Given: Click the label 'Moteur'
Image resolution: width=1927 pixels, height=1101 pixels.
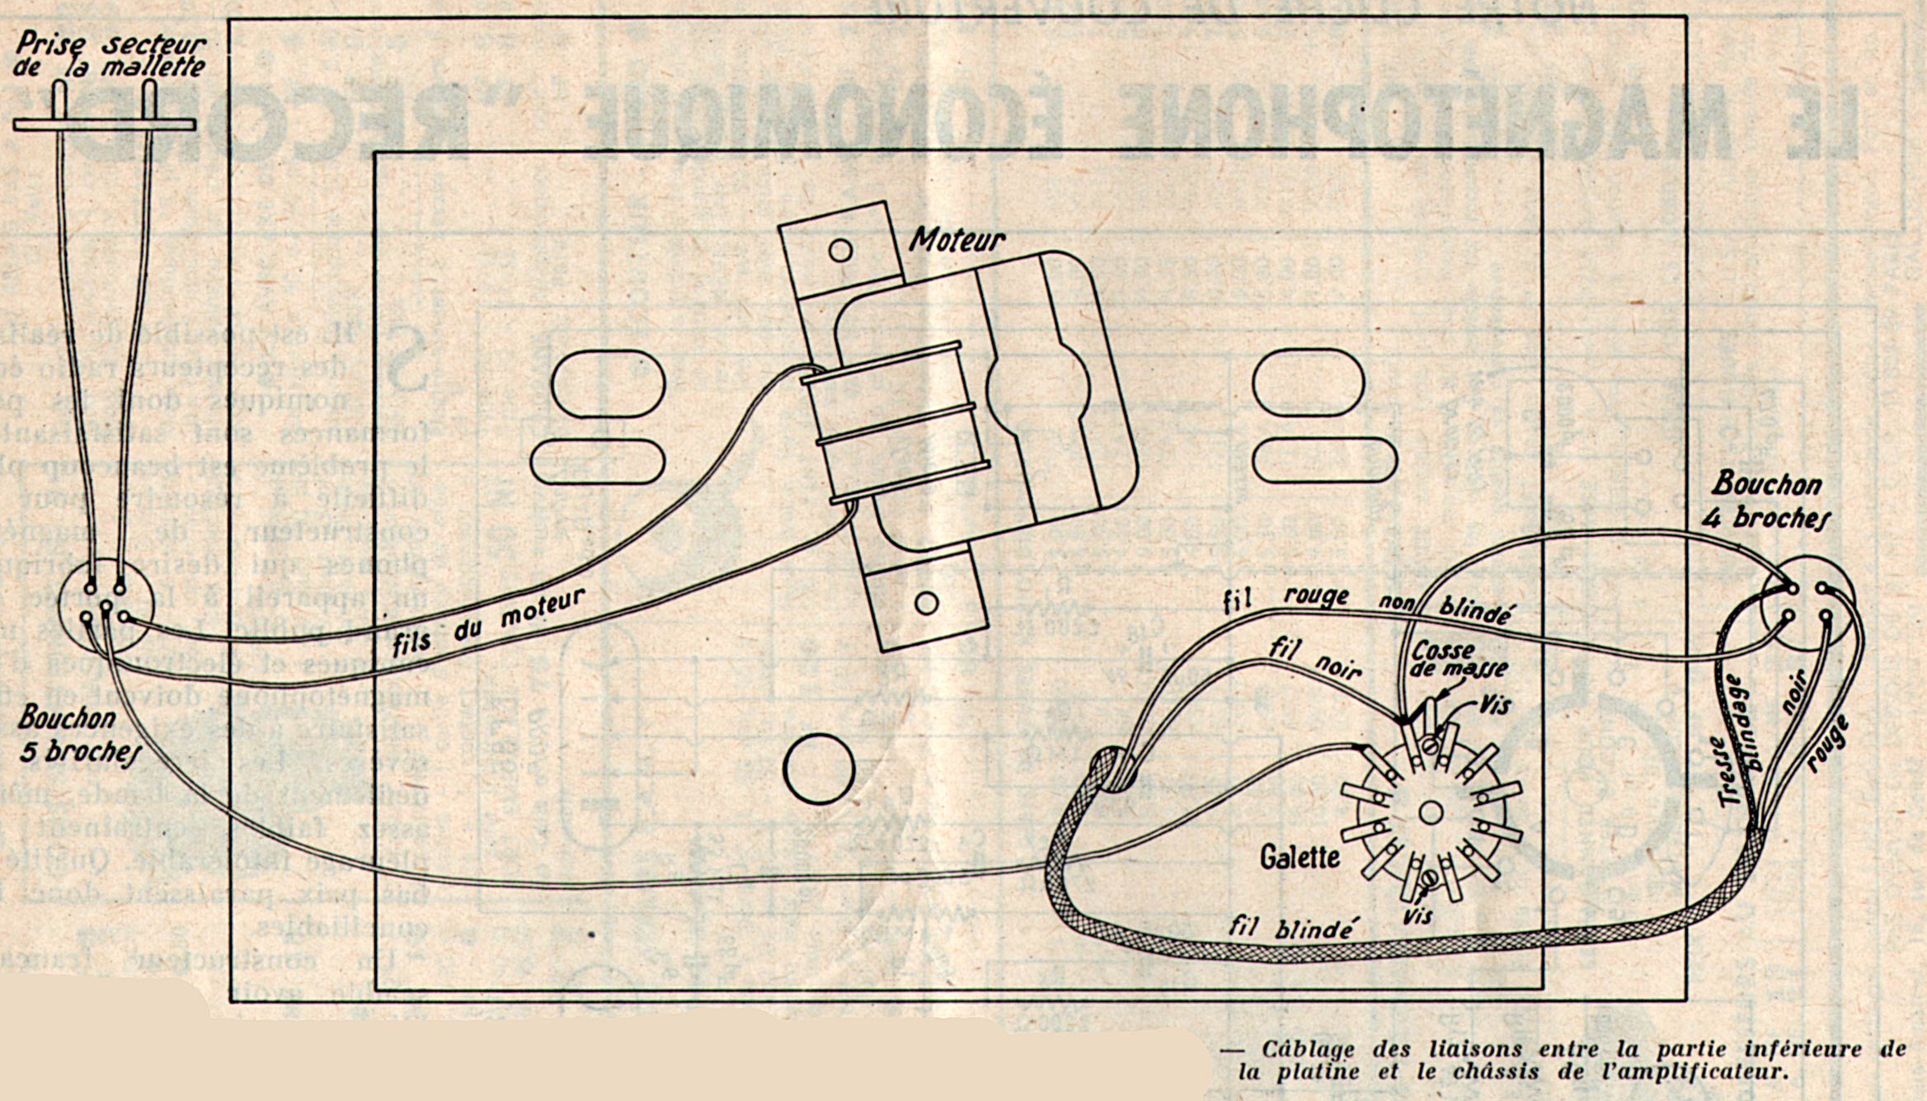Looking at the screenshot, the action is click(956, 238).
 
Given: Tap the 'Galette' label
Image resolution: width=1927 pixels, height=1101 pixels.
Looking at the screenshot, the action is click(1299, 858).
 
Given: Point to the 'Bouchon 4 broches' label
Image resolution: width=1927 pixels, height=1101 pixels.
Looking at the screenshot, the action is click(1772, 501).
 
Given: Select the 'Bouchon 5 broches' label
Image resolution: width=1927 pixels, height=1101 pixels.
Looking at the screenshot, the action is click(78, 734).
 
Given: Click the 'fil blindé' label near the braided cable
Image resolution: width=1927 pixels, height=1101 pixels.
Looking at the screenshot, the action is click(1291, 927).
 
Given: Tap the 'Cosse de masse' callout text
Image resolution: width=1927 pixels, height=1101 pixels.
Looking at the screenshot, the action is click(1459, 659).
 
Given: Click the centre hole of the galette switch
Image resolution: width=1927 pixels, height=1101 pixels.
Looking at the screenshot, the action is click(1431, 813).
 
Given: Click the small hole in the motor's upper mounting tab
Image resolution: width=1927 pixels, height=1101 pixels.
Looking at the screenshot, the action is click(840, 249).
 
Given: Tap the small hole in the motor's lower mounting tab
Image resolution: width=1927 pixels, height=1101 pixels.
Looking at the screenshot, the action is click(927, 604).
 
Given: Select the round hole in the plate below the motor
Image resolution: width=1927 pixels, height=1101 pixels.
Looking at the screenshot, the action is click(819, 769).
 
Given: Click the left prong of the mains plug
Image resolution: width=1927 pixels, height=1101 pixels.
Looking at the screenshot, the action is click(60, 102).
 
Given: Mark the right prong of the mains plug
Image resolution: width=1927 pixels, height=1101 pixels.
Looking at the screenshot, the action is click(149, 102).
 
